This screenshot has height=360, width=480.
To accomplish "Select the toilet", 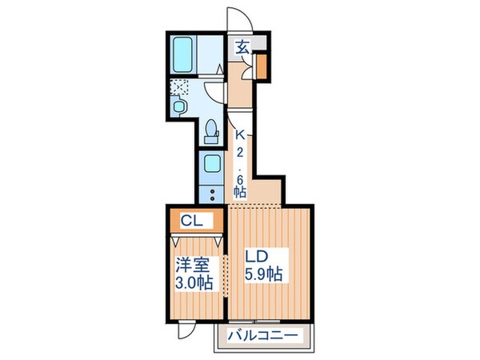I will click(x=211, y=130).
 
